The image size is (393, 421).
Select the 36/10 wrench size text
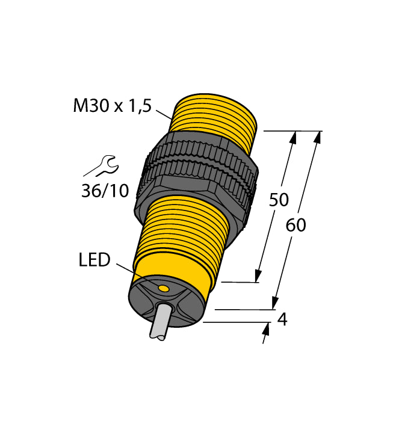(105, 191)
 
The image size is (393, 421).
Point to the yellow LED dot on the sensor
(163, 290)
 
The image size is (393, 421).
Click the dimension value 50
(279, 200)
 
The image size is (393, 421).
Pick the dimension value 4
(281, 319)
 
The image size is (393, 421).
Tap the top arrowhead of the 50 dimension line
(294, 138)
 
